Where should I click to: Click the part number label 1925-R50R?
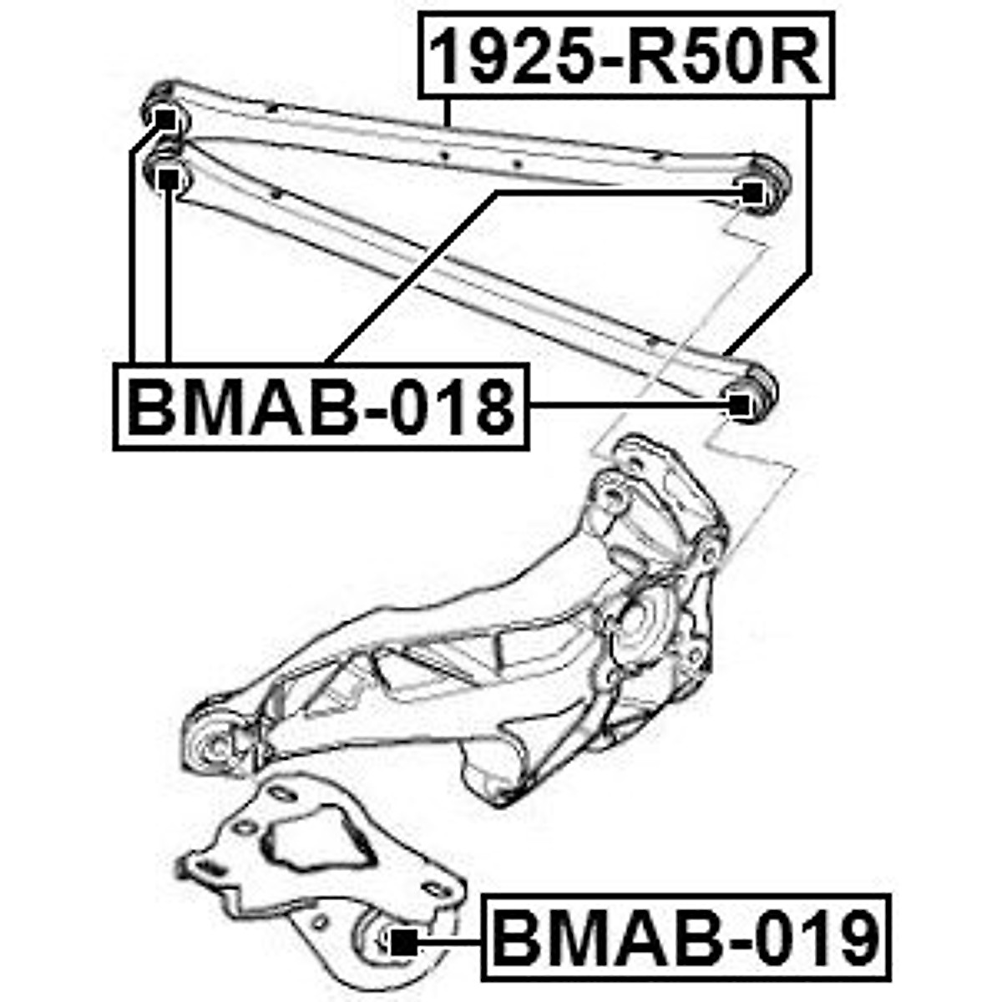click(626, 53)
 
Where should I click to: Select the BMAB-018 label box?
click(321, 407)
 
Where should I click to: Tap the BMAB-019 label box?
click(686, 937)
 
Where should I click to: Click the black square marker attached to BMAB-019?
click(403, 942)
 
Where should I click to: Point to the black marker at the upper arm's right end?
click(752, 192)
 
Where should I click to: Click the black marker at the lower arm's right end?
click(739, 405)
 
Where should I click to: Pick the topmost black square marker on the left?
click(167, 120)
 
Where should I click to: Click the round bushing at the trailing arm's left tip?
click(215, 740)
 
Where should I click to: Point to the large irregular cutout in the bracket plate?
click(317, 843)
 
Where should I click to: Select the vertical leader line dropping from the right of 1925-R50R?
click(809, 184)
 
